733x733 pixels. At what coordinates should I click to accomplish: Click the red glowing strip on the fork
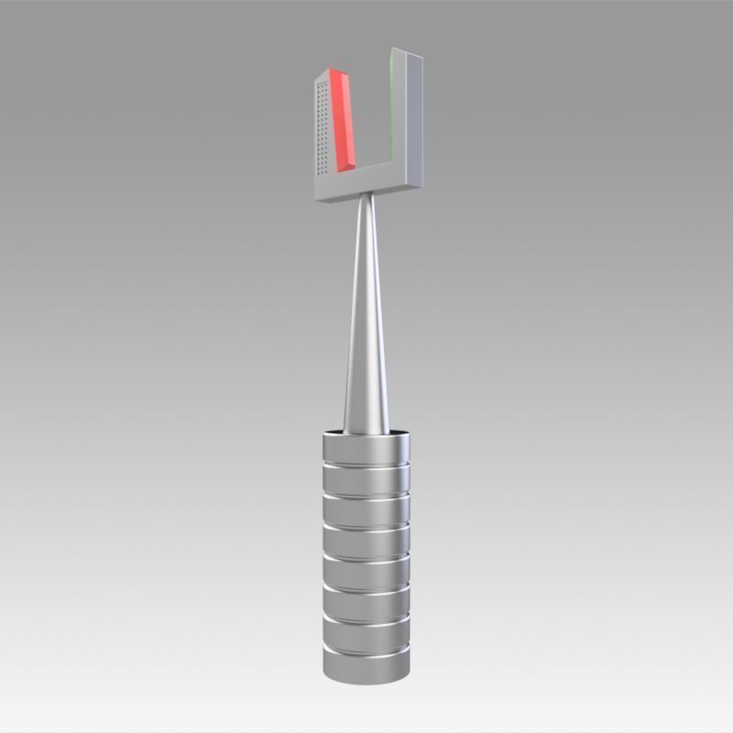pos(343,119)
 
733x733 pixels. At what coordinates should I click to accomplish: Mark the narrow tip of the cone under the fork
pos(366,201)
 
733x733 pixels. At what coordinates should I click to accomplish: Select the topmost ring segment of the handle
pos(366,449)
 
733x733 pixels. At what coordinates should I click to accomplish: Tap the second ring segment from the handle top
pos(366,480)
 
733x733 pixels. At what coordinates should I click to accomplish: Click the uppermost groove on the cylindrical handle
pos(366,467)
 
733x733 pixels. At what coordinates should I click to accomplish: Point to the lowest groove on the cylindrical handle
pos(366,652)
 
